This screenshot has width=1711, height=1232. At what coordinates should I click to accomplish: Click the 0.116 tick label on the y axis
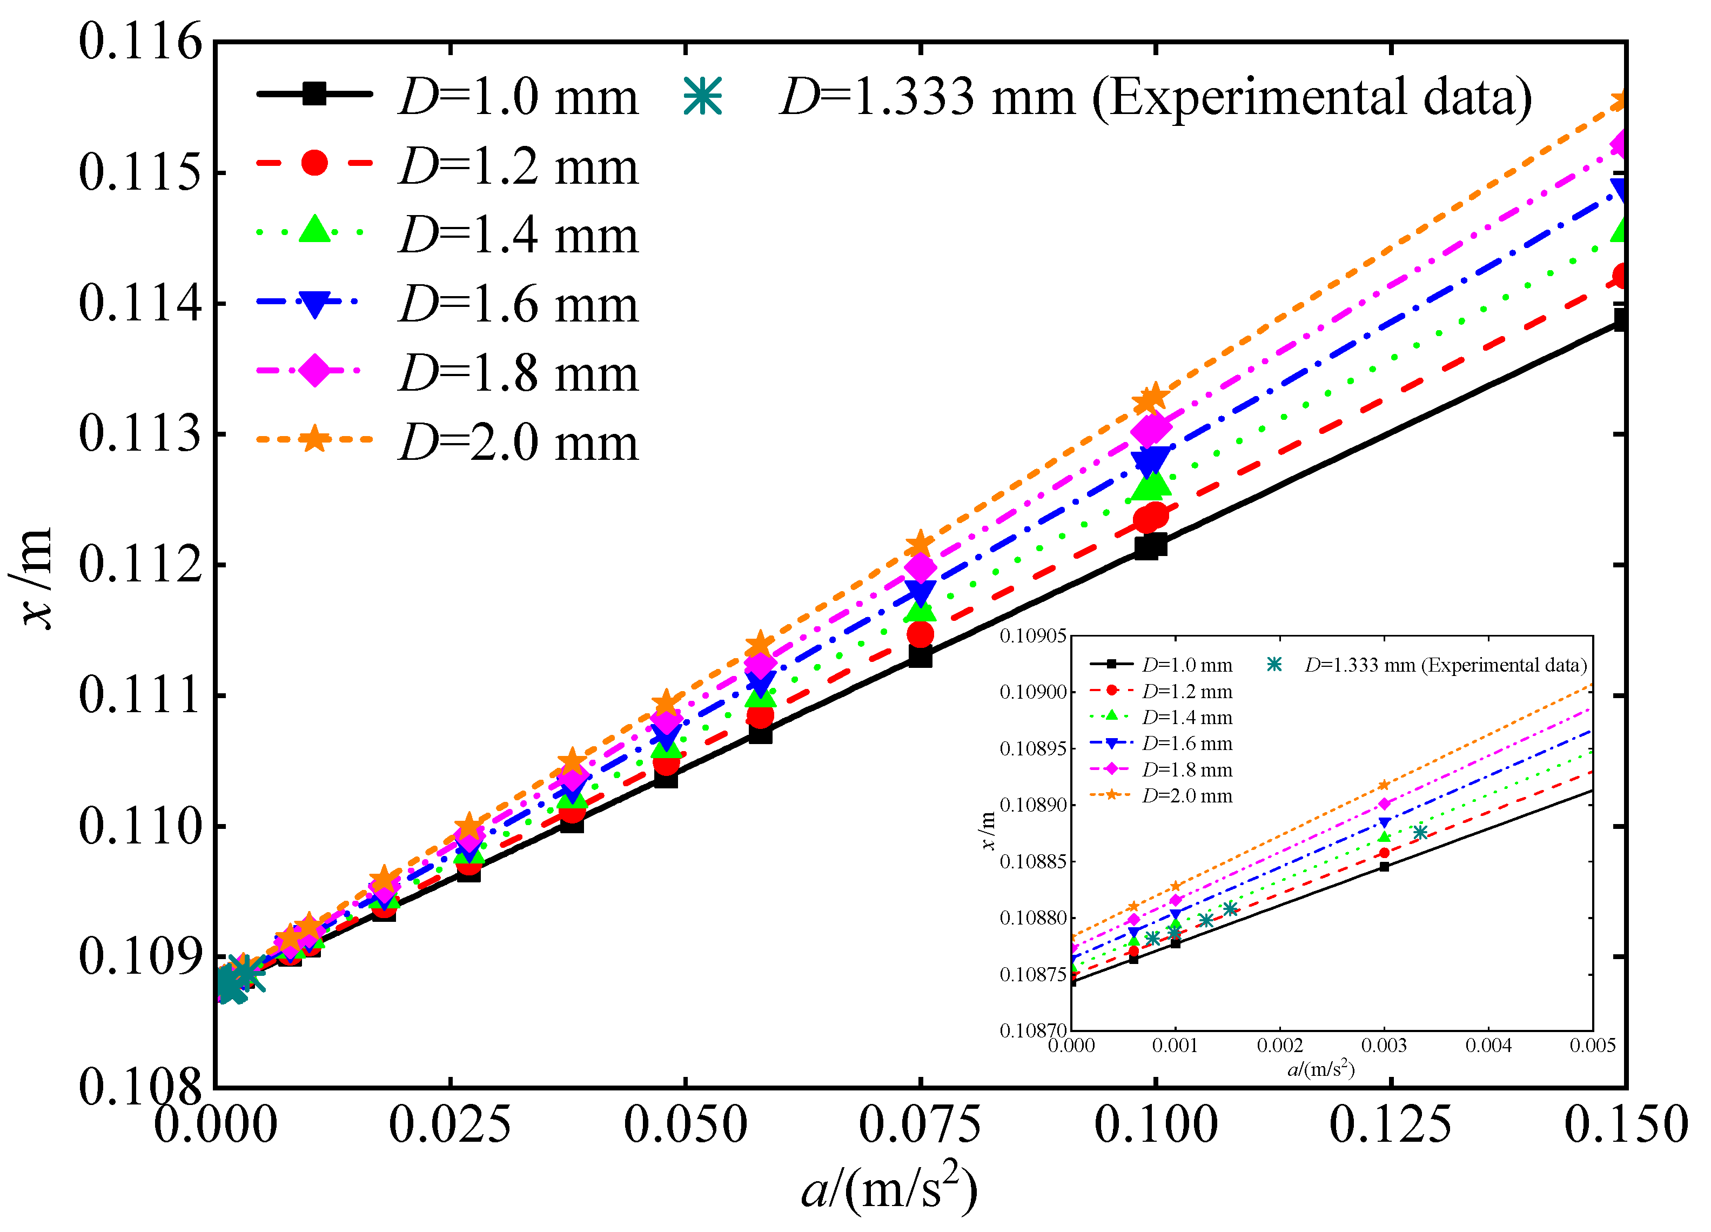[141, 42]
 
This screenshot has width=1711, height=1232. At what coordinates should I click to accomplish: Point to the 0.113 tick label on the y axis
[141, 434]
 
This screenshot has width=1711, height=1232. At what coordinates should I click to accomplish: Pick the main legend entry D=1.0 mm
[518, 97]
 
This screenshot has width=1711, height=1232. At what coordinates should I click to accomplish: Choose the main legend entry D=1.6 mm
[518, 304]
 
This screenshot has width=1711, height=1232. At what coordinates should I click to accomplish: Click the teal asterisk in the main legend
[702, 97]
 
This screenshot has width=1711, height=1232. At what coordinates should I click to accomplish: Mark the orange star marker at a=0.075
[920, 544]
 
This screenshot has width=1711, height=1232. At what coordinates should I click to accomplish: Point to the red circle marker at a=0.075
[920, 634]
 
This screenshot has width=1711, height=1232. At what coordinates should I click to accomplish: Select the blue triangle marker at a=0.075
[920, 592]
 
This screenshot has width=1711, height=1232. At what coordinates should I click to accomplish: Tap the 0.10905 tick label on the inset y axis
[1033, 637]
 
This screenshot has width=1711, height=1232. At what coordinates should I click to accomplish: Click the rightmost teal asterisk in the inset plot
[1420, 832]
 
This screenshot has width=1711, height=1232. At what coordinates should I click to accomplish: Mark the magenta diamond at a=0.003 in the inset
[1384, 804]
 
